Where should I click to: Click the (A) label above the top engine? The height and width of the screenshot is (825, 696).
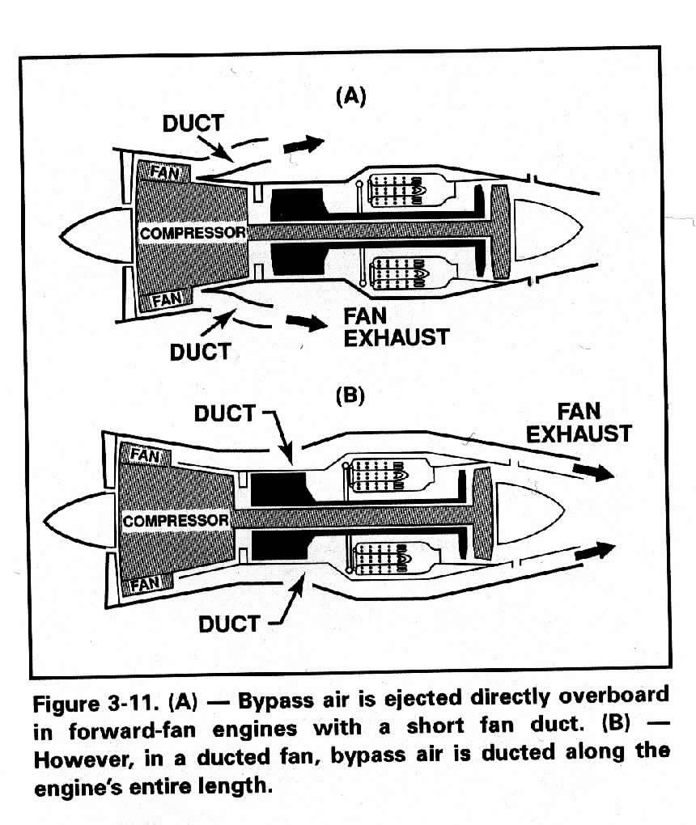click(350, 97)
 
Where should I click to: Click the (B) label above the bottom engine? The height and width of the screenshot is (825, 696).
click(350, 396)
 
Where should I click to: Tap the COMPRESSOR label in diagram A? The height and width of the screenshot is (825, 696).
click(193, 233)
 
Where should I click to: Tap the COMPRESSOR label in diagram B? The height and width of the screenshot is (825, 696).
click(176, 521)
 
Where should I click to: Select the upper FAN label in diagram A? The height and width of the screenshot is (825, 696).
click(164, 172)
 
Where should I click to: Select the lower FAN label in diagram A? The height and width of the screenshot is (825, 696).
click(168, 300)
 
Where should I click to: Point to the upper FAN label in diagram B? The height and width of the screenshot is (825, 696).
click(145, 455)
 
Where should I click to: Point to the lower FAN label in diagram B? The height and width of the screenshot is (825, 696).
click(145, 583)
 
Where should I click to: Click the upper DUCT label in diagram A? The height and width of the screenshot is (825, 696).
click(193, 124)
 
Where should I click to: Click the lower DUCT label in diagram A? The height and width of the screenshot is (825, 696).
click(200, 352)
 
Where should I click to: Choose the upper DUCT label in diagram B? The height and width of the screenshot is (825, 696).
click(225, 413)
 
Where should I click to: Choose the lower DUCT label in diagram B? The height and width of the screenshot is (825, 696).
click(229, 624)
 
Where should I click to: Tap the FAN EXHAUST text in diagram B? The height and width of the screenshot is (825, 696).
click(579, 423)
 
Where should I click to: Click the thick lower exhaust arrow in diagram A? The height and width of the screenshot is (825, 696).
click(307, 322)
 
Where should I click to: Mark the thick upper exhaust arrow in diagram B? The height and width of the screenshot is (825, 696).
click(593, 472)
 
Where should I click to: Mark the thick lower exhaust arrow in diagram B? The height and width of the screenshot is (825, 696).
click(595, 551)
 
